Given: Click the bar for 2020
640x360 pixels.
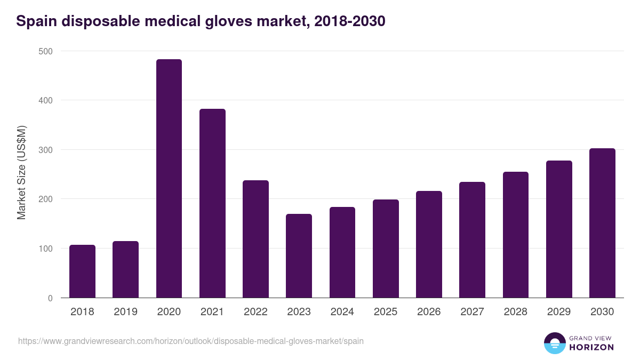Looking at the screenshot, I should click(169, 179).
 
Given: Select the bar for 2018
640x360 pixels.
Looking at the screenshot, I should click(82, 271).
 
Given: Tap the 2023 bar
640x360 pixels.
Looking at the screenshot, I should click(299, 256).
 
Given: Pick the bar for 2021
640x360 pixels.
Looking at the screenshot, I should click(212, 203).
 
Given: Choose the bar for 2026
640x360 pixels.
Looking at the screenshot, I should click(429, 244).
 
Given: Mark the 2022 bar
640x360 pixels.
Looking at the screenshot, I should click(255, 239).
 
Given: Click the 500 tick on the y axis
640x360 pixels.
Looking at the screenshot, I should click(46, 51).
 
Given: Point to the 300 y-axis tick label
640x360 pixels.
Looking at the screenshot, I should click(46, 150).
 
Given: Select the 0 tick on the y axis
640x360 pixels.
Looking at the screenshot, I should click(50, 298).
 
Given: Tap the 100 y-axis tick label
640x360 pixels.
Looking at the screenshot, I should click(46, 249).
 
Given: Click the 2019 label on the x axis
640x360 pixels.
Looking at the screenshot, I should click(125, 312).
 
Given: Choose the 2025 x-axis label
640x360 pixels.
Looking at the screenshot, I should click(386, 312).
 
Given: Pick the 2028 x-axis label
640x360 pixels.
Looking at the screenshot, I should click(515, 312).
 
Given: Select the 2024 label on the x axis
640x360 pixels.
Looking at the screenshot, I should click(342, 312).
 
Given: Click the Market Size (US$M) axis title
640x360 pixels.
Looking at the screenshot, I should click(21, 172).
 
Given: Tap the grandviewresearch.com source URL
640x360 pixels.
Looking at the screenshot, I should click(191, 341).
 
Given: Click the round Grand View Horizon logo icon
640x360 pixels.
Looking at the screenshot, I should click(554, 343).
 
